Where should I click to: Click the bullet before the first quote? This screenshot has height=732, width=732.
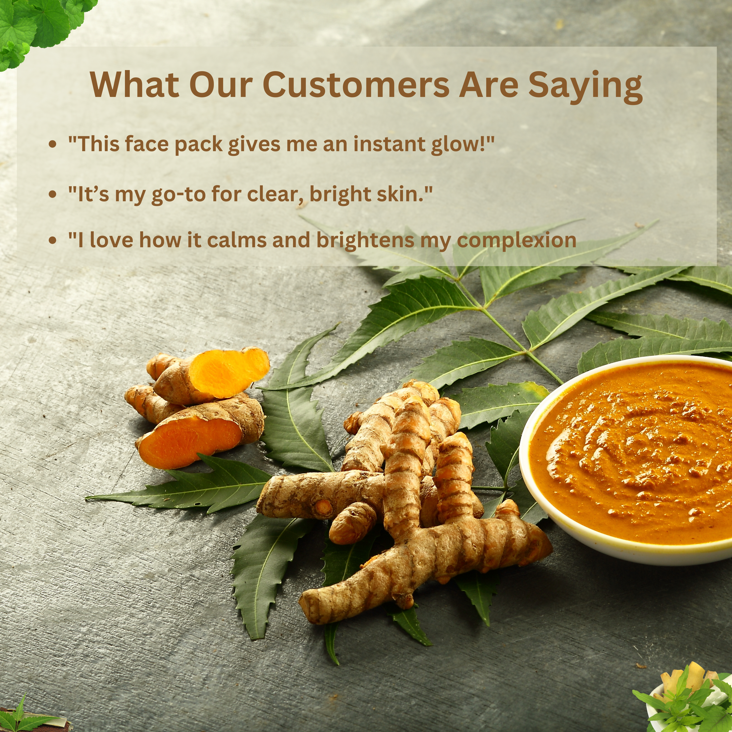click(x=53, y=144)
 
